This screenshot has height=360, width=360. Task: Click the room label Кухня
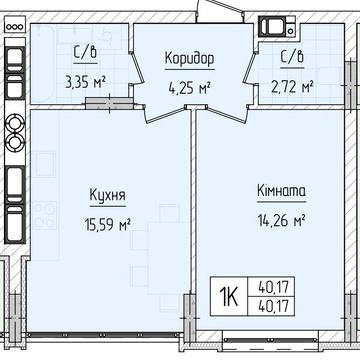tap(108, 195)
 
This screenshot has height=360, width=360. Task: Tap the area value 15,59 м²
tap(107, 224)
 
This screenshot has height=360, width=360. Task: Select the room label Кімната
tap(282, 191)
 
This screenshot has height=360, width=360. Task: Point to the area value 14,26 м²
tap(282, 220)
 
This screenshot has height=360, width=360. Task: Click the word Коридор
tap(190, 59)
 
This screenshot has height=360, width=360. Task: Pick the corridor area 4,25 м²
tap(190, 89)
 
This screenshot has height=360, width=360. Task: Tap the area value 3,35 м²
tap(86, 83)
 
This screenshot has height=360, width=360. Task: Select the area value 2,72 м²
tap(292, 88)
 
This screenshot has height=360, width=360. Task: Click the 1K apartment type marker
tap(229, 297)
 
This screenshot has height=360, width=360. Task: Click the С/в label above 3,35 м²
tap(86, 53)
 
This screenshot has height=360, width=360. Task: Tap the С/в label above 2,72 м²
tap(292, 58)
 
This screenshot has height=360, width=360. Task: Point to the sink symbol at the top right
tap(277, 26)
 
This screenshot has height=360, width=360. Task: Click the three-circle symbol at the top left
tap(15, 27)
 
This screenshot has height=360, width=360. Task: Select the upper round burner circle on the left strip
tap(15, 123)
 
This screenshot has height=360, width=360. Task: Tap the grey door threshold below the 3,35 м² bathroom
tap(109, 103)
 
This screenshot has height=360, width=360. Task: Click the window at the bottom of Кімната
tap(271, 340)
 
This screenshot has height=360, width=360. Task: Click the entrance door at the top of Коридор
tap(221, 12)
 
